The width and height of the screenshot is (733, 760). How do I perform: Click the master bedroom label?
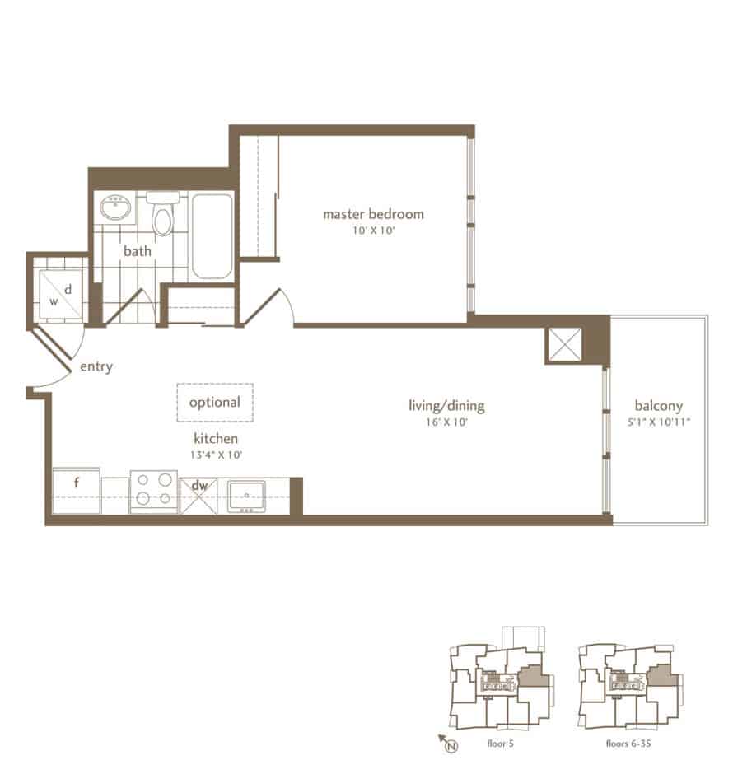[x=373, y=214]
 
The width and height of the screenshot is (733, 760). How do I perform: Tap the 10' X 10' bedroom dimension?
[x=374, y=231]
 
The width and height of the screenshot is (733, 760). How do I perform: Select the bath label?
[x=138, y=251]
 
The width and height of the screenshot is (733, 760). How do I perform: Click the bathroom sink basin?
[x=115, y=207]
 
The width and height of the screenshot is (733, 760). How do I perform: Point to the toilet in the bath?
[x=162, y=213]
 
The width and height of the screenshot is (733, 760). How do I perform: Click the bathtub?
[x=212, y=236]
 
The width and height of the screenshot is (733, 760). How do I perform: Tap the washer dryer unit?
[x=61, y=294]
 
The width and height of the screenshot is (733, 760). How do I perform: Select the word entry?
[x=96, y=366]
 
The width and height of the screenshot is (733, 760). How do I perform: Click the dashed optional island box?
[x=215, y=403]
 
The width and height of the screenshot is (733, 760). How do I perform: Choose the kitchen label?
[x=216, y=438]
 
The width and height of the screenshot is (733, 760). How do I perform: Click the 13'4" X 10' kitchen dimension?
[x=216, y=455]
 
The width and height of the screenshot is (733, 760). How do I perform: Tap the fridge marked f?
[x=76, y=490]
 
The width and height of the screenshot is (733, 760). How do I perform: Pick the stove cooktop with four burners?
[x=154, y=491]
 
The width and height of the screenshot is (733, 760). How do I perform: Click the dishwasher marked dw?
[x=198, y=496]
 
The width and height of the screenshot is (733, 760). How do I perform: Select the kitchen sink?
[x=247, y=497]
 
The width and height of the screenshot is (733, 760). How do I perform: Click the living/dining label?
[x=446, y=405]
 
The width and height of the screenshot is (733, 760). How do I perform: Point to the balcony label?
[x=659, y=405]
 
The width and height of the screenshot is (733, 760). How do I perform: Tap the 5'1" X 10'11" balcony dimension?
[x=659, y=422]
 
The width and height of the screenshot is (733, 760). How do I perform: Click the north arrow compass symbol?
[x=447, y=743]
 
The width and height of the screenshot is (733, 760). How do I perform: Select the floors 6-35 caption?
[x=628, y=743]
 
